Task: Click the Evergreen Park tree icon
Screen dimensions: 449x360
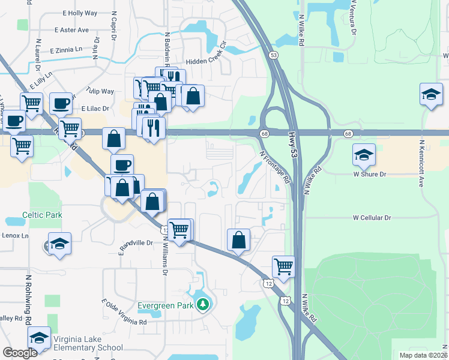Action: coord(203,305)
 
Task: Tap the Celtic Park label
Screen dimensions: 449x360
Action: coord(42,215)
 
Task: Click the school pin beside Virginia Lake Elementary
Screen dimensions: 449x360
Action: coord(39,338)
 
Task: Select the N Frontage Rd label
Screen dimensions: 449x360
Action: coord(274,166)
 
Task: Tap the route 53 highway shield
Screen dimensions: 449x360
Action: coord(274,55)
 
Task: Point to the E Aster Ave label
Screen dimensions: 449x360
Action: coord(71,29)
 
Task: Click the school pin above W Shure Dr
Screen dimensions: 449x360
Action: coord(364,155)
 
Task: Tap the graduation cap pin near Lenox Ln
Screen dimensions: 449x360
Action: coord(59,244)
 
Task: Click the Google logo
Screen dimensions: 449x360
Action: coord(19,353)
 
